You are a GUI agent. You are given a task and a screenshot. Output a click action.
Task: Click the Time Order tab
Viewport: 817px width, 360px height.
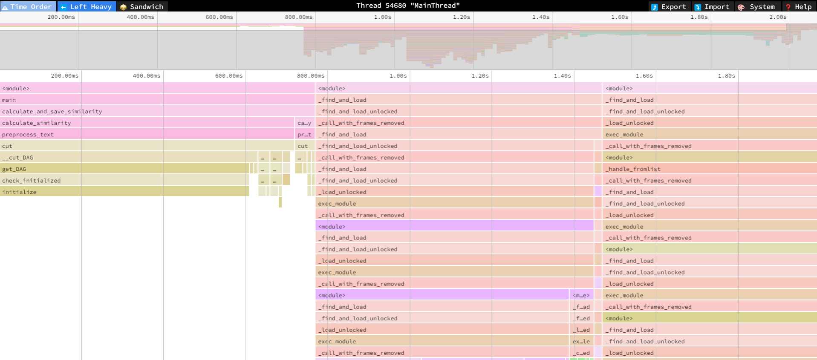(x=28, y=6)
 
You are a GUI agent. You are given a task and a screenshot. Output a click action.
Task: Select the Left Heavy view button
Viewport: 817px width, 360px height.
(x=87, y=6)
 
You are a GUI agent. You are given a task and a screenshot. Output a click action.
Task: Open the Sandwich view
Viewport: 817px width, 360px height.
(x=142, y=6)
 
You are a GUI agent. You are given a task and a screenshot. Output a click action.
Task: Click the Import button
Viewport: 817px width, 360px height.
(x=712, y=6)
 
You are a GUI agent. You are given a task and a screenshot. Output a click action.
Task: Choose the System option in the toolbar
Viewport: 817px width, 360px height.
(x=757, y=6)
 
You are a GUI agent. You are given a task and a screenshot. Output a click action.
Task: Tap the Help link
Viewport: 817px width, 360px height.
(x=799, y=6)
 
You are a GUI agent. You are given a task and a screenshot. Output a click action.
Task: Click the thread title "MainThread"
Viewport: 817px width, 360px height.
(x=408, y=6)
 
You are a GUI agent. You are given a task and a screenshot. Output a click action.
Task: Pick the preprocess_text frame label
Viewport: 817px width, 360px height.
(x=28, y=134)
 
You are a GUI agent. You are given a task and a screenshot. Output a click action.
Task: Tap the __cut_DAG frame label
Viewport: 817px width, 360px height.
(x=17, y=157)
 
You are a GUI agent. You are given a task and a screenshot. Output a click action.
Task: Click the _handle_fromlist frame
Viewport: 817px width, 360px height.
(x=635, y=169)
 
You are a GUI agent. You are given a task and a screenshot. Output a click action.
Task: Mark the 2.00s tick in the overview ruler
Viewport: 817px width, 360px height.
(x=778, y=17)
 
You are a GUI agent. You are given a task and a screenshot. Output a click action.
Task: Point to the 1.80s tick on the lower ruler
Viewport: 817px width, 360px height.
(x=726, y=75)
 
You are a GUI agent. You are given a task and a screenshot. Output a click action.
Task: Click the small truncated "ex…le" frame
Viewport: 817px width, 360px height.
(x=581, y=341)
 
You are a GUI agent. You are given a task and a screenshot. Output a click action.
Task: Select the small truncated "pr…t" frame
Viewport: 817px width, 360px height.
(x=304, y=134)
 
